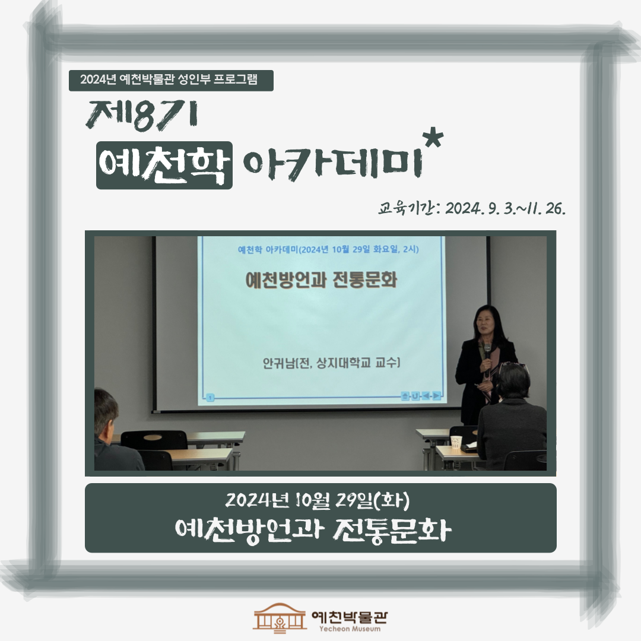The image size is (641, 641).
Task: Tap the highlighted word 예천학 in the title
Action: (x=164, y=165)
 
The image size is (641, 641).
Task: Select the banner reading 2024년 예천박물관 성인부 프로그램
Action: (x=171, y=80)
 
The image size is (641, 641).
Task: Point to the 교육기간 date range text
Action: (x=472, y=208)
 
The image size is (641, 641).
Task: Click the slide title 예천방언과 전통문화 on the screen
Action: (x=321, y=280)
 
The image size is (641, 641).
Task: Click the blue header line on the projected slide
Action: (x=328, y=249)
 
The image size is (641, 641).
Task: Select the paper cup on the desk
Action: (x=456, y=442)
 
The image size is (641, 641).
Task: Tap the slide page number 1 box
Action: (x=210, y=397)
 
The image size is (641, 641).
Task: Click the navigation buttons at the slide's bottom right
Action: (x=421, y=396)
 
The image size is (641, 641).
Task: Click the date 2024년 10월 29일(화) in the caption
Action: (x=317, y=500)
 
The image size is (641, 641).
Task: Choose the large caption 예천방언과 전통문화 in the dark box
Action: (x=313, y=530)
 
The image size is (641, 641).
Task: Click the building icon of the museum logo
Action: (x=280, y=617)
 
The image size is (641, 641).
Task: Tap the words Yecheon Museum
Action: (x=350, y=629)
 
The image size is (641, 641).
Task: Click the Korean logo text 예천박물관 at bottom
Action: (x=350, y=616)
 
